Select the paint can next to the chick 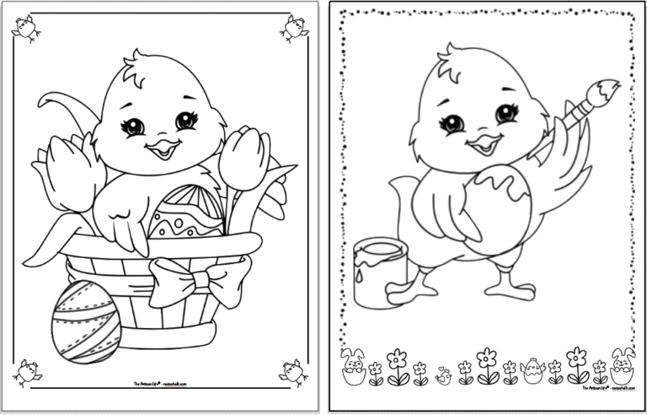coord(377,271)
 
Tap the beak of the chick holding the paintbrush coord(484,144)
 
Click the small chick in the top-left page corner coord(25,29)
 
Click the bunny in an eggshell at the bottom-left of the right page coord(352,365)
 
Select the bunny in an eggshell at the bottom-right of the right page coord(622,364)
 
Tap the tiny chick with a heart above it coord(444,375)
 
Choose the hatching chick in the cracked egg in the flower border coord(532,370)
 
